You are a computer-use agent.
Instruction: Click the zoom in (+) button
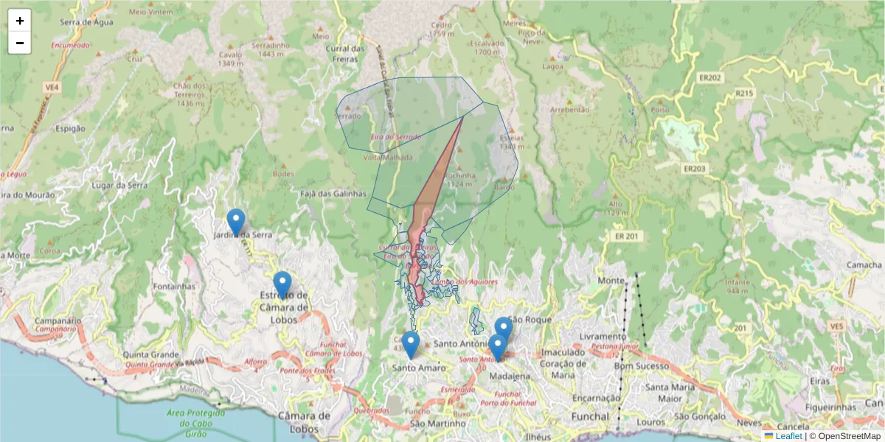click(20, 21)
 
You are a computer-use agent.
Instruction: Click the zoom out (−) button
click(20, 43)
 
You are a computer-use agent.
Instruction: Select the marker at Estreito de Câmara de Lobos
click(282, 284)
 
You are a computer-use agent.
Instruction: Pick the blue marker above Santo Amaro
click(411, 344)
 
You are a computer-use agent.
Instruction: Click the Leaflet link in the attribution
click(788, 436)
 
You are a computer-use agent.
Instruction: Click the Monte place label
click(611, 281)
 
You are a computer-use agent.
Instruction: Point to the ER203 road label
click(694, 169)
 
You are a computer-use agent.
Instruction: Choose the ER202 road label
click(711, 77)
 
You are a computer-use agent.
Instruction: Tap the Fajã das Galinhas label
click(334, 193)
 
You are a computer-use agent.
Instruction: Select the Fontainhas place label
click(174, 286)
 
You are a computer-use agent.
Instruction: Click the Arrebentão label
click(570, 109)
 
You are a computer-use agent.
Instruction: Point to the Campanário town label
click(58, 321)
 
